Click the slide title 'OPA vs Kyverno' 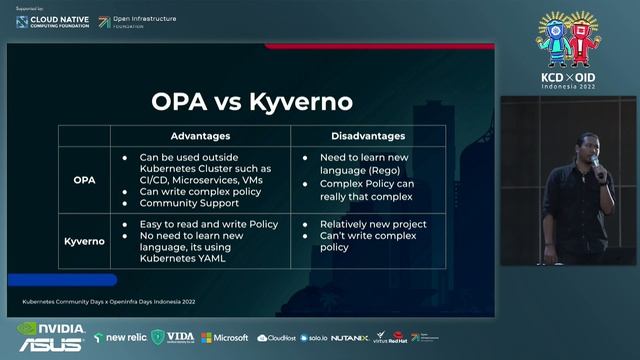(252, 102)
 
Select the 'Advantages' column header (200, 136)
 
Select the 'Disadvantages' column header (367, 136)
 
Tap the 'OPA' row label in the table (85, 180)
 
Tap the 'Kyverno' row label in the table (85, 241)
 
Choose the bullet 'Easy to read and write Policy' (209, 224)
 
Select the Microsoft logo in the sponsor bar (225, 337)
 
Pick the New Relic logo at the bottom (119, 337)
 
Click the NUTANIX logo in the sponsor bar (349, 337)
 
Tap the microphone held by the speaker (593, 161)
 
